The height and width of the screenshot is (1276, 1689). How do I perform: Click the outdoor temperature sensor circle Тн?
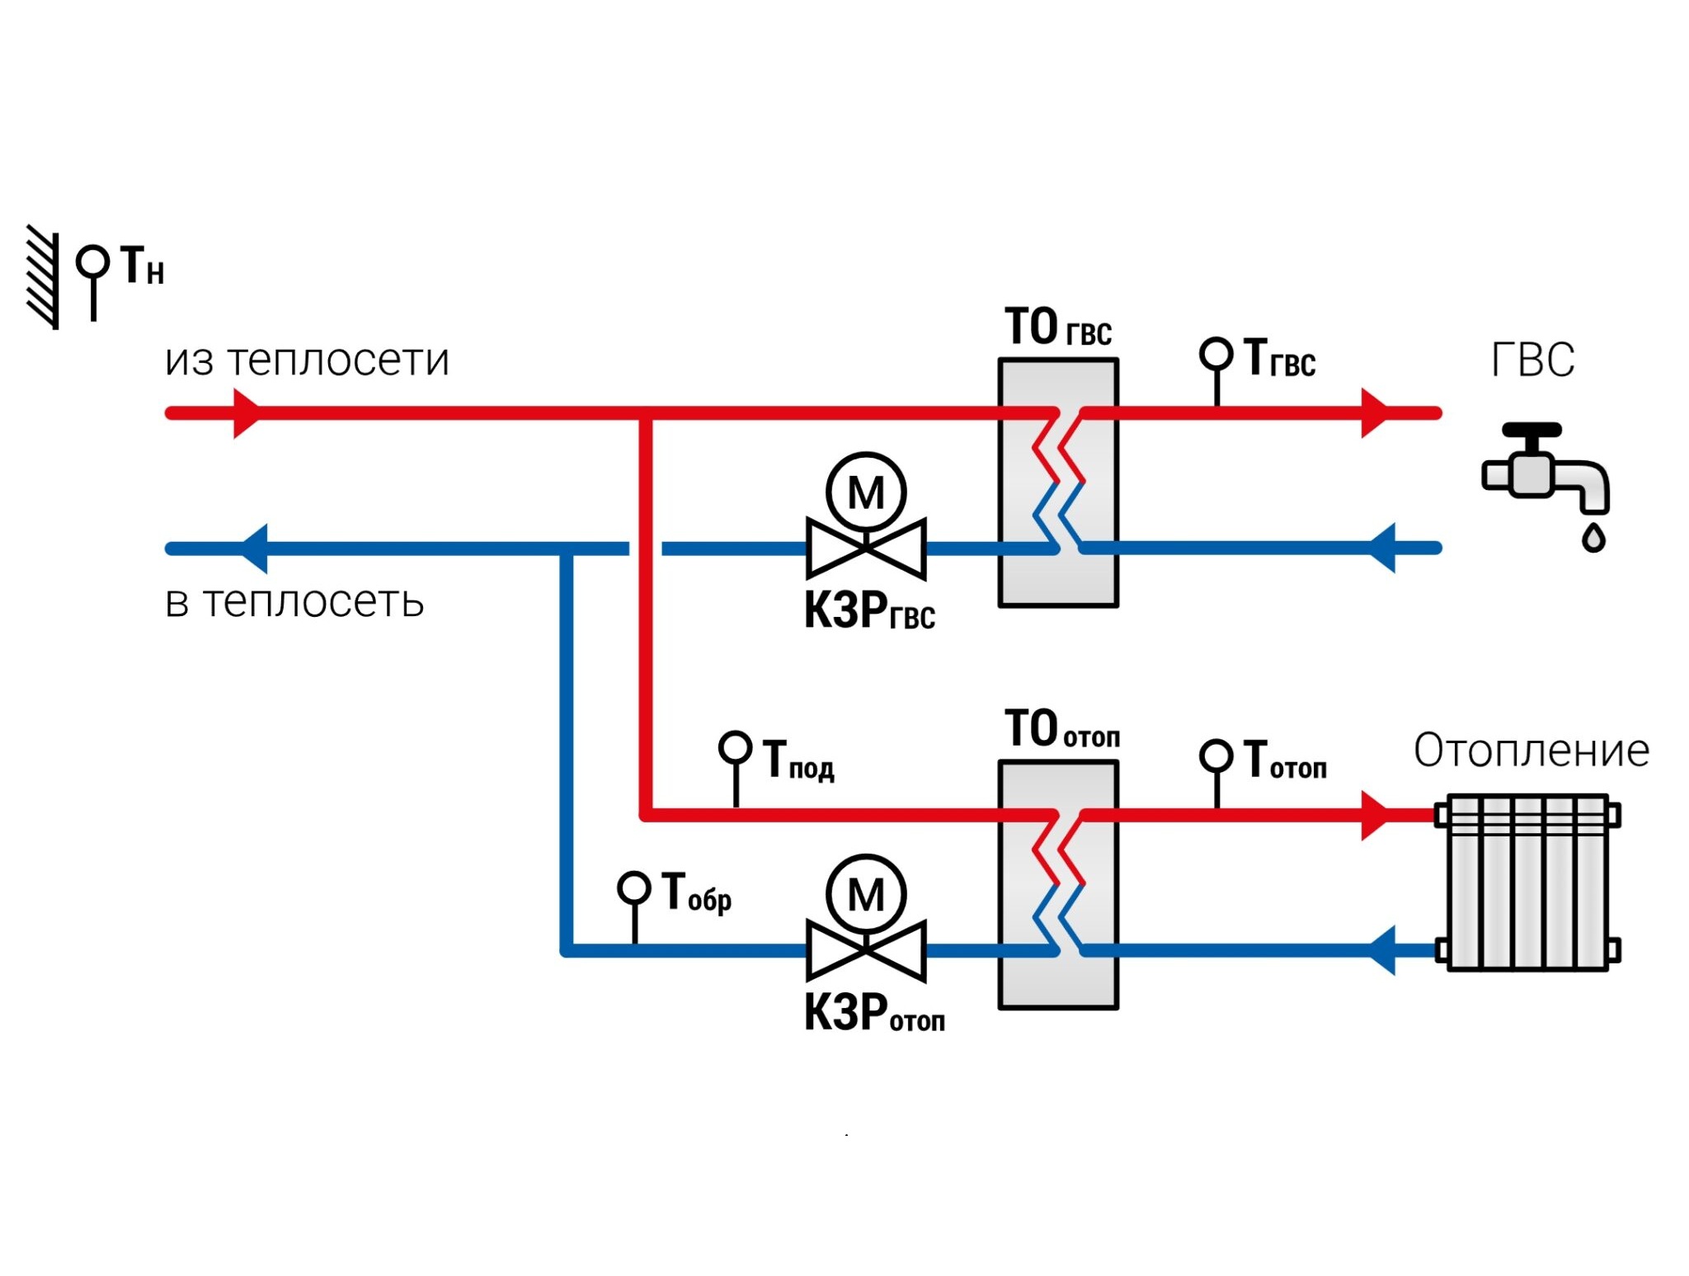pyautogui.click(x=92, y=262)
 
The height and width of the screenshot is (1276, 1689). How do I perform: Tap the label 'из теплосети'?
pyautogui.click(x=307, y=360)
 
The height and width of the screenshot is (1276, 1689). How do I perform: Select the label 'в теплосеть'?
pyautogui.click(x=294, y=602)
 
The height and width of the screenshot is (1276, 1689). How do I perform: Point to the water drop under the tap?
pyautogui.click(x=1593, y=536)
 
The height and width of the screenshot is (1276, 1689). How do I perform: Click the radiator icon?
pyautogui.click(x=1527, y=882)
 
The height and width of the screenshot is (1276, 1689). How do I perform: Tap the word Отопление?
pyautogui.click(x=1531, y=751)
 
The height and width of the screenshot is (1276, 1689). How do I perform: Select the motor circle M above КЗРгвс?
pyautogui.click(x=866, y=492)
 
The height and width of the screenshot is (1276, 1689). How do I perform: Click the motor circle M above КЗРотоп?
pyautogui.click(x=866, y=894)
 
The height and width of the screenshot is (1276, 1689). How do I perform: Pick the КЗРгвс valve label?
pyautogui.click(x=869, y=611)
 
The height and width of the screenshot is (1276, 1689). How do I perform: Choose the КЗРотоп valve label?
pyautogui.click(x=874, y=1013)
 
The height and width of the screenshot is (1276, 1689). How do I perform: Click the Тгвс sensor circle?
pyautogui.click(x=1216, y=354)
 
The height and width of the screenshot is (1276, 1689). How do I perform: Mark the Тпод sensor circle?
pyautogui.click(x=736, y=748)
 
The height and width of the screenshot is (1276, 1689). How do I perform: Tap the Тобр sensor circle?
pyautogui.click(x=634, y=888)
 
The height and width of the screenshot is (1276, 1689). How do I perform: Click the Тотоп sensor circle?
pyautogui.click(x=1216, y=756)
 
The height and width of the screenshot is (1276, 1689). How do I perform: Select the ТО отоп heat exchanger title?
pyautogui.click(x=1062, y=729)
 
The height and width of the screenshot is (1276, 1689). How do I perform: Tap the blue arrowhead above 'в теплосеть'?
pyautogui.click(x=253, y=549)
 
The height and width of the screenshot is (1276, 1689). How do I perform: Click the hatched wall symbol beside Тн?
pyautogui.click(x=44, y=276)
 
